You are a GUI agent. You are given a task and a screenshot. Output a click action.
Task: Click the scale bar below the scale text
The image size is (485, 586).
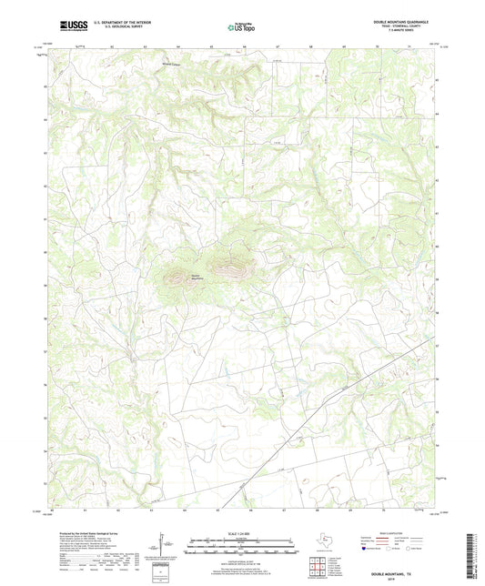[241, 546]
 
